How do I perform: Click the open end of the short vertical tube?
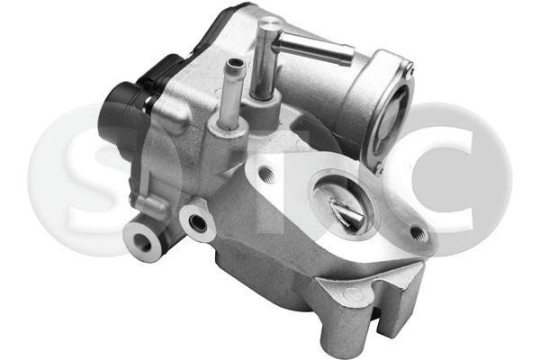[236, 64]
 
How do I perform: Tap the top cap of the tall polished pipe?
[269, 22]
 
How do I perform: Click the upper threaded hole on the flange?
[266, 174]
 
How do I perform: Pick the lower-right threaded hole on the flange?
[418, 234]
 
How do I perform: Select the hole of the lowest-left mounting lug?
[142, 241]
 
